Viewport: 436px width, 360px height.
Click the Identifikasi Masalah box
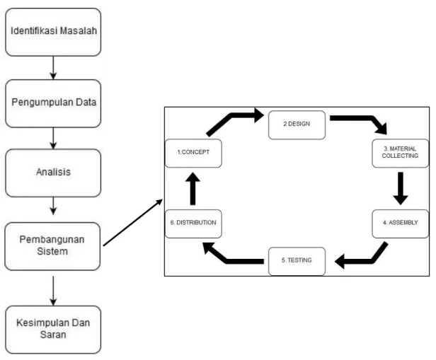pyautogui.click(x=53, y=32)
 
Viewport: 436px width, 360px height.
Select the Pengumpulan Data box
pyautogui.click(x=53, y=103)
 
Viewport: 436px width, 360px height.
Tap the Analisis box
pyautogui.click(x=53, y=173)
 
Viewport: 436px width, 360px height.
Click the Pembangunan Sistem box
pyautogui.click(x=52, y=246)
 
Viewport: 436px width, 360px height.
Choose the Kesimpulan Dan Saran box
pyautogui.click(x=53, y=330)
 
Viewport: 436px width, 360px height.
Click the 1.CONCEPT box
pyautogui.click(x=193, y=153)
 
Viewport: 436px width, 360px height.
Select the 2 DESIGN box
pyautogui.click(x=297, y=124)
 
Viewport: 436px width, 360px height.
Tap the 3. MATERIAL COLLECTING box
pyautogui.click(x=401, y=153)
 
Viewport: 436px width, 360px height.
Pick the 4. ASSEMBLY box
pyautogui.click(x=401, y=223)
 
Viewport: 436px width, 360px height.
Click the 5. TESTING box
pyautogui.click(x=297, y=261)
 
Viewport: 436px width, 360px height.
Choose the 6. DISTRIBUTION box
pyautogui.click(x=193, y=223)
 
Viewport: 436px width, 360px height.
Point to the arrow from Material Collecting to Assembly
pyautogui.click(x=401, y=189)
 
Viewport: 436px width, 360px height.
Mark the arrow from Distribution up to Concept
pyautogui.click(x=193, y=189)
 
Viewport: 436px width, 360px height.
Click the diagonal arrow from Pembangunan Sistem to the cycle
pyautogui.click(x=132, y=223)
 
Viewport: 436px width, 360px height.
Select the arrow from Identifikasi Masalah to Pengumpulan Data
pyautogui.click(x=53, y=68)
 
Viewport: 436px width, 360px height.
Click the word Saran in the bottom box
pyautogui.click(x=53, y=335)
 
